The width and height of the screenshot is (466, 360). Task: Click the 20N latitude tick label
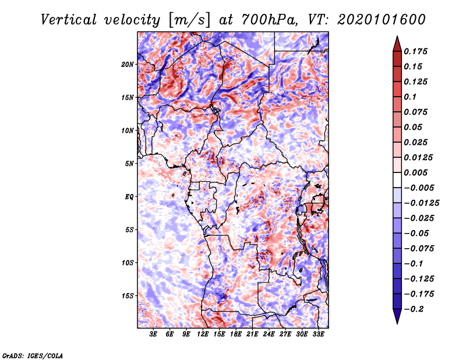pos(128,64)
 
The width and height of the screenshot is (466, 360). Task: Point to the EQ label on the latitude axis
pos(129,197)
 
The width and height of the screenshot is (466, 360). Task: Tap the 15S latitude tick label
pos(128,296)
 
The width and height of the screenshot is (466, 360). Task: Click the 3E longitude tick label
pos(154,334)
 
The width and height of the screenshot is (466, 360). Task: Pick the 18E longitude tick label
pos(236,334)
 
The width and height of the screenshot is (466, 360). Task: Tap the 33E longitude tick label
pos(318,334)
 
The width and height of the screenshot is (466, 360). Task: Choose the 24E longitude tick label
pos(269,334)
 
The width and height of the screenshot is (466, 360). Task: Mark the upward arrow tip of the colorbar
pos(397,38)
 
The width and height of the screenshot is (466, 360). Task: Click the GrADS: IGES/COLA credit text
pos(33,354)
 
